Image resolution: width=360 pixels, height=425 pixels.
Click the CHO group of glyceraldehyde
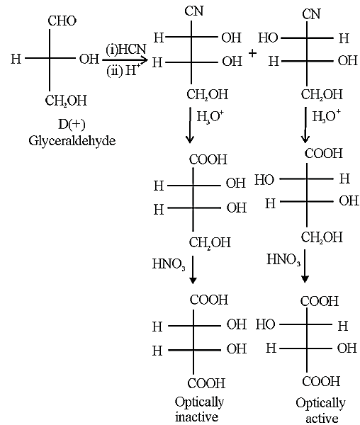(x=62, y=21)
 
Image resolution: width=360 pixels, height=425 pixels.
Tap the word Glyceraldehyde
(x=72, y=141)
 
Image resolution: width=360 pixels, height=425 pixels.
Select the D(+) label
(x=72, y=125)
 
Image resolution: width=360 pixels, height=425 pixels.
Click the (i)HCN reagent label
(x=125, y=50)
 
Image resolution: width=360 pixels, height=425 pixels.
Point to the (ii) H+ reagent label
(x=123, y=71)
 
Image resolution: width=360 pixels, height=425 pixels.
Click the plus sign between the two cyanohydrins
(x=252, y=53)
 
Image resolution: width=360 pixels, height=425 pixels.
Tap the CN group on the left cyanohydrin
(x=194, y=11)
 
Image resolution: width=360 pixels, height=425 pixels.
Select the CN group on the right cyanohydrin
(x=312, y=14)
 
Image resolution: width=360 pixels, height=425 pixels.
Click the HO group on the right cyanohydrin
(x=268, y=38)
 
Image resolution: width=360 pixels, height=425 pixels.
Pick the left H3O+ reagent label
(x=210, y=117)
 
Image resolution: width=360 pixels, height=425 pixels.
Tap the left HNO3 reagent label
(x=169, y=263)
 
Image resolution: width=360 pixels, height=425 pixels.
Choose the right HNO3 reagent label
(x=283, y=259)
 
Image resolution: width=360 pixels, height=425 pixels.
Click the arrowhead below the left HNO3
(x=193, y=280)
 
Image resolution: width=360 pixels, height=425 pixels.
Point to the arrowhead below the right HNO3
(x=305, y=279)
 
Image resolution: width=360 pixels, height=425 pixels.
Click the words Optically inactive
(x=199, y=409)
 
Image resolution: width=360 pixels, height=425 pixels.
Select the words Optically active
(x=321, y=410)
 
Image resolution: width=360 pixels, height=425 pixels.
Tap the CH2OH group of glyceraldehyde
(x=66, y=101)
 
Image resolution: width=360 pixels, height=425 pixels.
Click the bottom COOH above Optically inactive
(x=206, y=383)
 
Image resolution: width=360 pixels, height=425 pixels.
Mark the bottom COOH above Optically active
(x=321, y=381)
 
